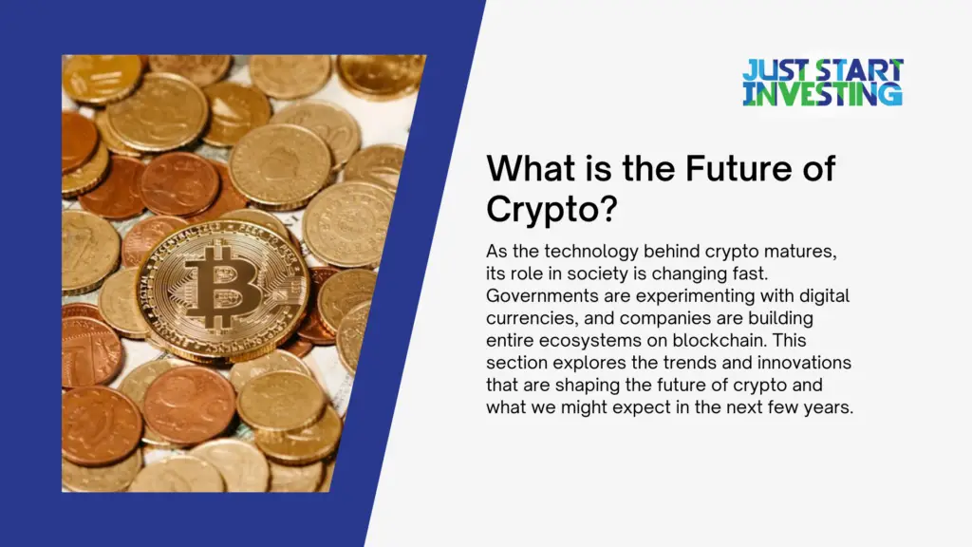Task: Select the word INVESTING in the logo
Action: tap(822, 93)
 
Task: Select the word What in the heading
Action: tap(526, 170)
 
